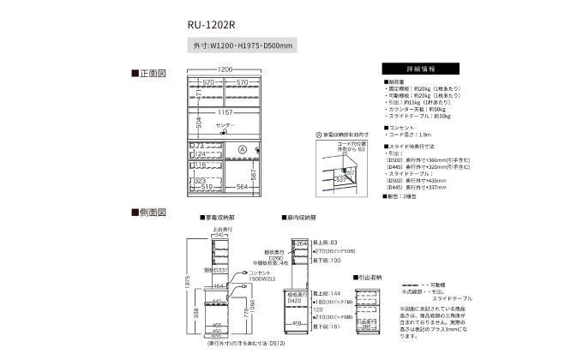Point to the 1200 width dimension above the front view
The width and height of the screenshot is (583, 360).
pyautogui.click(x=225, y=69)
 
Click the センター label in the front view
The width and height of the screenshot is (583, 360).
pyautogui.click(x=225, y=127)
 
